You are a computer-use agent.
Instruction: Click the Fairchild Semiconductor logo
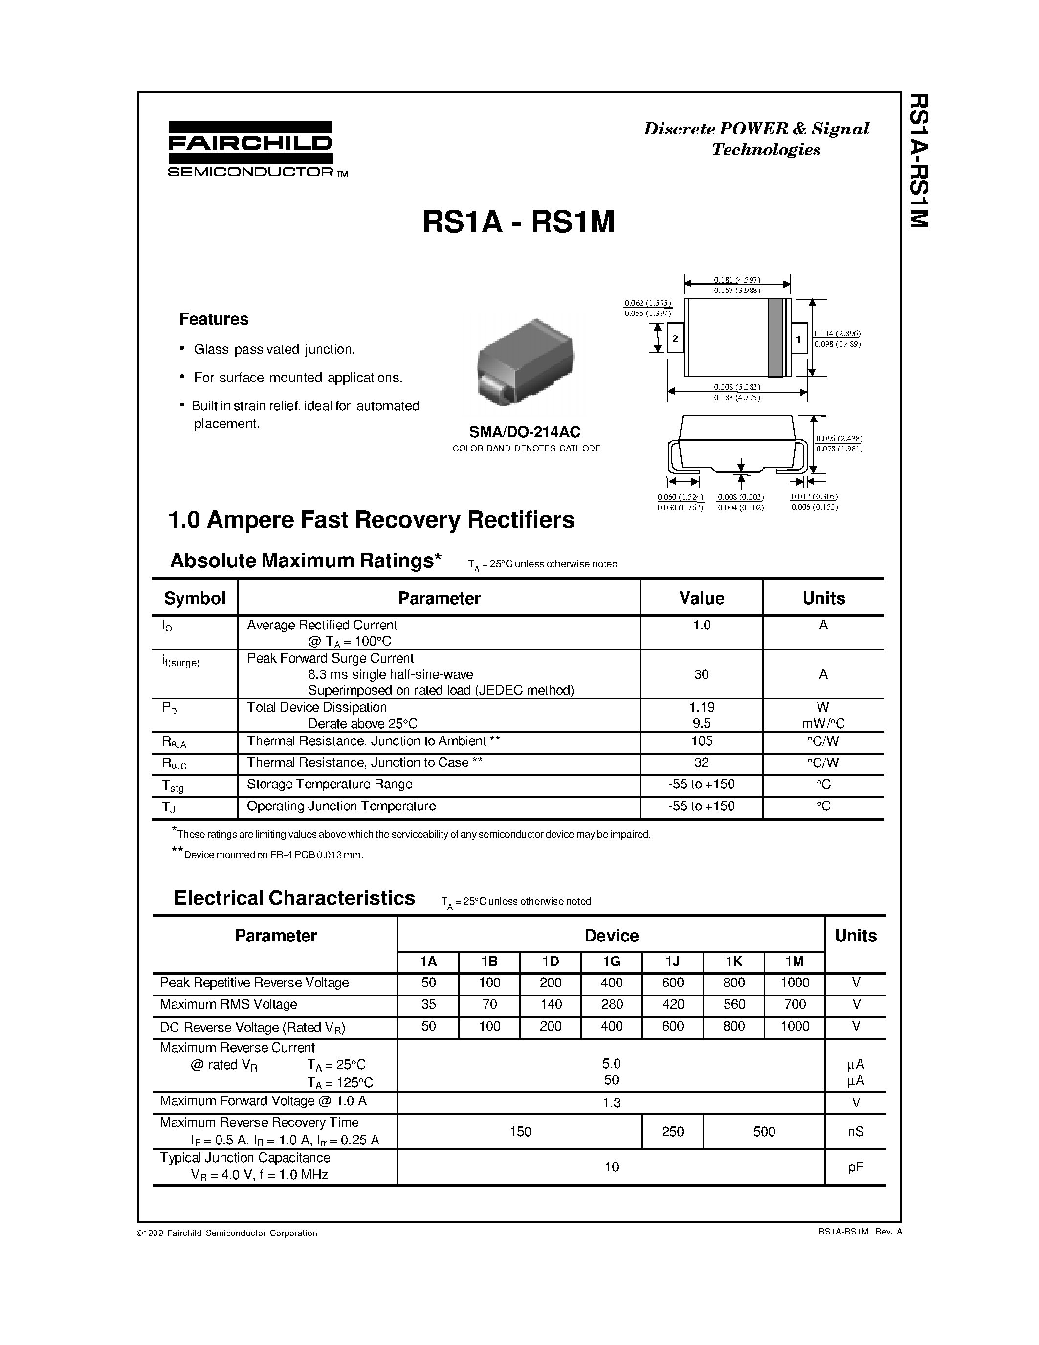click(250, 149)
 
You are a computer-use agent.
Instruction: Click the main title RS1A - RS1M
click(518, 223)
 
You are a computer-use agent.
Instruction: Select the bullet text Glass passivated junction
click(274, 349)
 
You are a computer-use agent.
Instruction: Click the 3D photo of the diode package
click(525, 363)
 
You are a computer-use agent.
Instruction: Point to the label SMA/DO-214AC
click(526, 432)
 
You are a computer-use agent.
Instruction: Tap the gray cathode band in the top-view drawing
click(775, 337)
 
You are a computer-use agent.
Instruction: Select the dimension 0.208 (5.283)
click(737, 387)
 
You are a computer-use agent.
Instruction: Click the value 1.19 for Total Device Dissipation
click(701, 707)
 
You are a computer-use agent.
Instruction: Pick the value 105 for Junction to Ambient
click(701, 741)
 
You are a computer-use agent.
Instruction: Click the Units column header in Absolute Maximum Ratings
click(823, 598)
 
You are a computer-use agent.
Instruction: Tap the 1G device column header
click(611, 962)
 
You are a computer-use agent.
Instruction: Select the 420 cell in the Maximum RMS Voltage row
click(672, 1005)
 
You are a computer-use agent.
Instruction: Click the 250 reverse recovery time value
click(672, 1131)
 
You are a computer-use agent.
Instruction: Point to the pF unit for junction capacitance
click(855, 1166)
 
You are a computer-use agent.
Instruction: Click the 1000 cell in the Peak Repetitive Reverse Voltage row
click(794, 983)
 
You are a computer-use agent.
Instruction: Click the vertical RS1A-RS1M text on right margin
click(918, 161)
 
